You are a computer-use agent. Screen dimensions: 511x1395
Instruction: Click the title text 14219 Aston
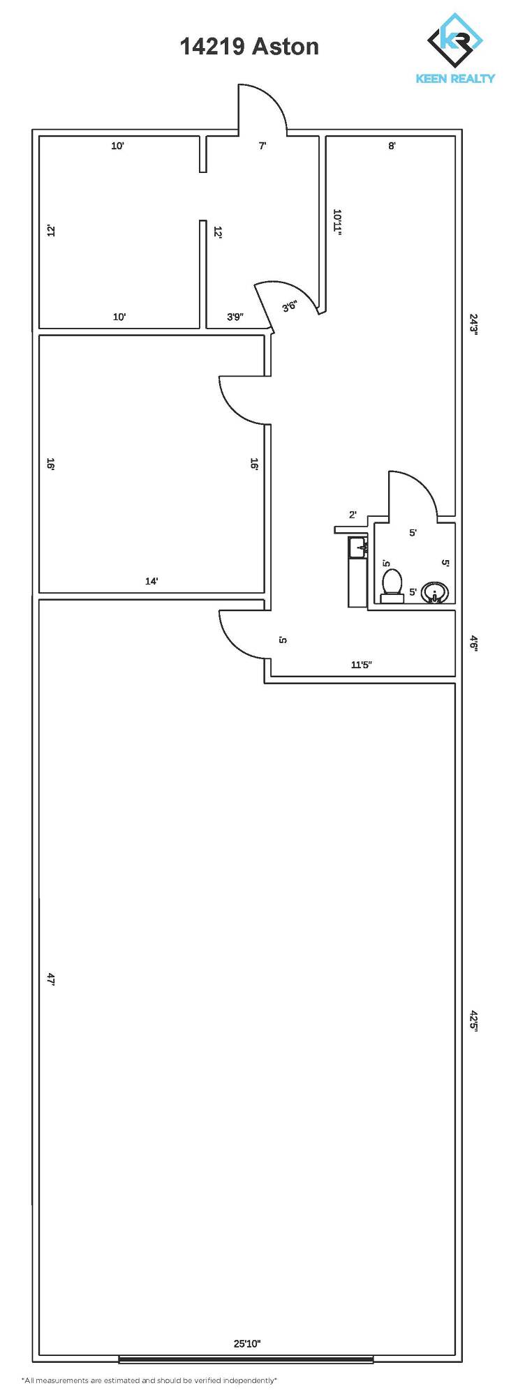coord(249,46)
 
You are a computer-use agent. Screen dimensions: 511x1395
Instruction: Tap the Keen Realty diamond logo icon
coord(454,40)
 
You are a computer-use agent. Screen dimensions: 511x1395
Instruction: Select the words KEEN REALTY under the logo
coord(455,79)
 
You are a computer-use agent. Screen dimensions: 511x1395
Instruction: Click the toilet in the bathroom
coord(392,586)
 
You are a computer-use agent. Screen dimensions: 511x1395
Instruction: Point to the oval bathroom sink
coord(435,593)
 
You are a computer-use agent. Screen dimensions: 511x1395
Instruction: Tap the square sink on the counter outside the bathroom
coord(357,548)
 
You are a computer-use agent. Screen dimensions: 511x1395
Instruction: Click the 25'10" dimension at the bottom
coord(247,1343)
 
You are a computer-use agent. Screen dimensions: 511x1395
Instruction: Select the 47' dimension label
coord(50,979)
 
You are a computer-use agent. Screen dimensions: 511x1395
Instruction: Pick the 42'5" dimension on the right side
coord(473,1021)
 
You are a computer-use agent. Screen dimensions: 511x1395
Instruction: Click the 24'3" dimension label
coord(473,324)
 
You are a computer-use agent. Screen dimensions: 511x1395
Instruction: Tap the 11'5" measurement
coord(361,665)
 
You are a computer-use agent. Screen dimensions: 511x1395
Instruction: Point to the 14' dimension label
coord(151,581)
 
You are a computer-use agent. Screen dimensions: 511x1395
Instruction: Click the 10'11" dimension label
coord(338,223)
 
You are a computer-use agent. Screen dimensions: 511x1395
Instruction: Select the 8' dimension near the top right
coord(392,146)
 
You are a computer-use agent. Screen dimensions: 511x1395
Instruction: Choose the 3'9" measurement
coord(235,317)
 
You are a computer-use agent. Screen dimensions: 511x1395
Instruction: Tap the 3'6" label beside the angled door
coord(290,306)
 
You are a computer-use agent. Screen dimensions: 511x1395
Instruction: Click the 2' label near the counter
coord(353,515)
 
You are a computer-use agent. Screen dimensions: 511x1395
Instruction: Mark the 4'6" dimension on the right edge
coord(473,642)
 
